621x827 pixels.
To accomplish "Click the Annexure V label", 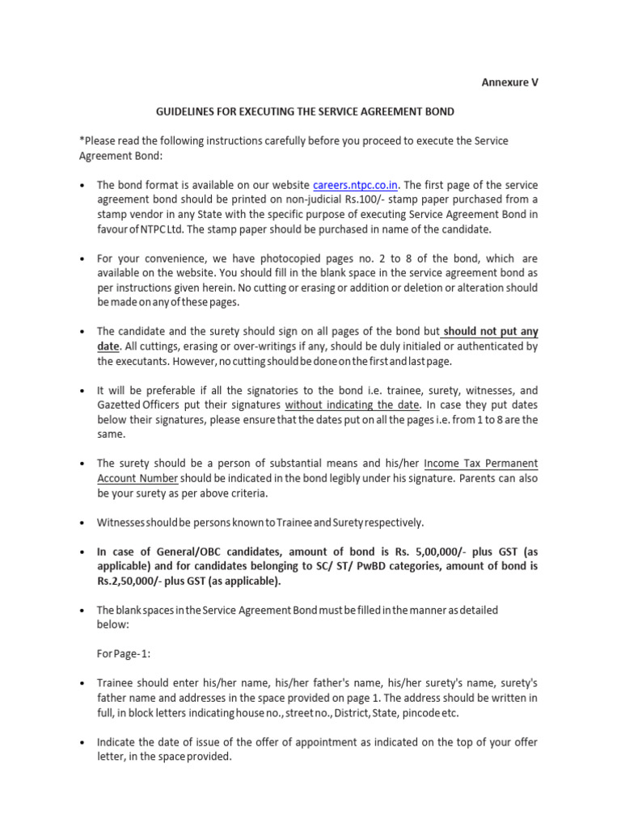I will pos(510,82).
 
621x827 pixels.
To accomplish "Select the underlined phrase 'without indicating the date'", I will pos(351,404).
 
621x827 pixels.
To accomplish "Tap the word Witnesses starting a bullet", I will pos(126,522).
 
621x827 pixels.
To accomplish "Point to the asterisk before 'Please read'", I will pos(81,141).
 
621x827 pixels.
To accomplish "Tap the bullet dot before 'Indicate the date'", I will pos(82,742).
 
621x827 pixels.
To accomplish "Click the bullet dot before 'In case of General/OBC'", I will pos(82,552).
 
